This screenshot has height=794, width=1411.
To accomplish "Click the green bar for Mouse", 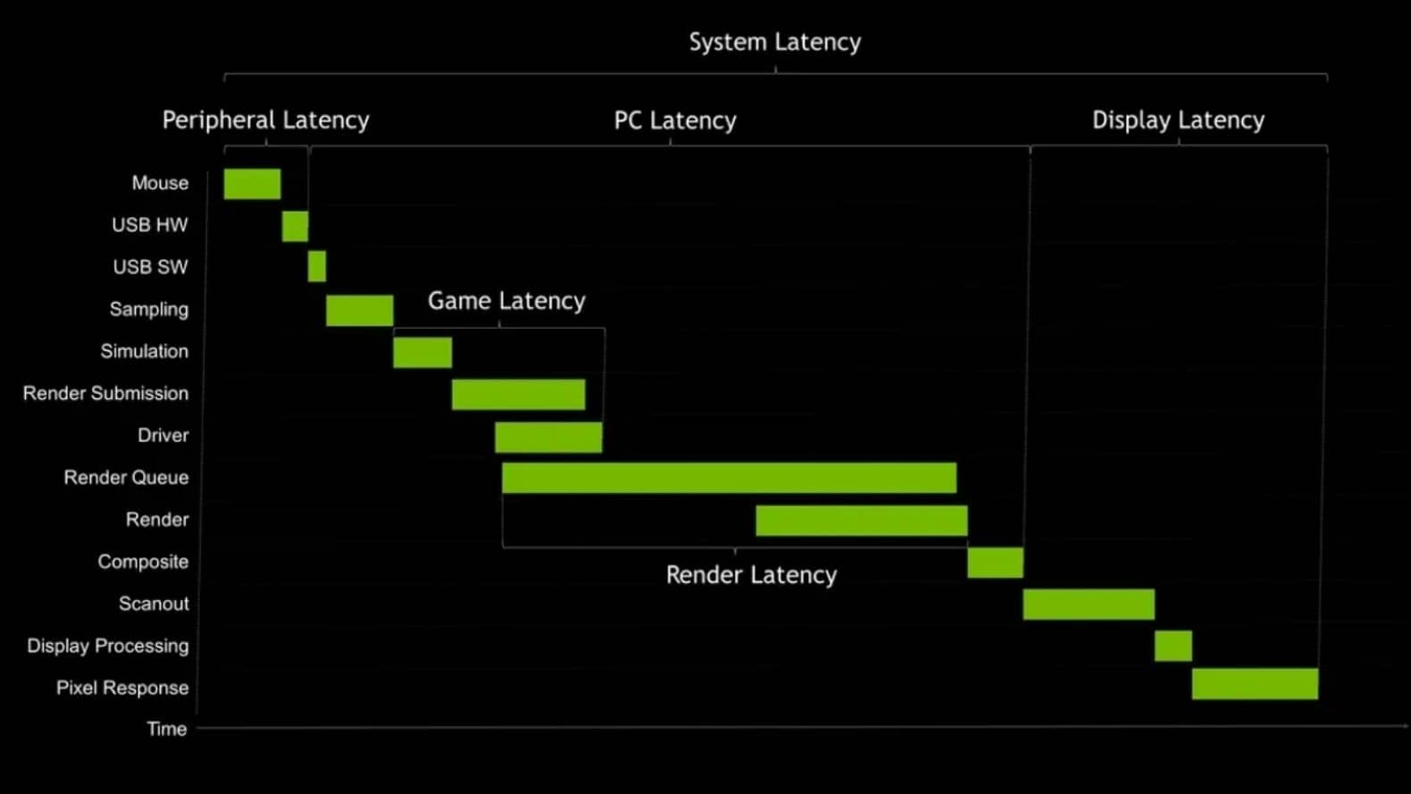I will [252, 184].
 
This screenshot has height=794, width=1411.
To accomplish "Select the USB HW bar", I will [295, 226].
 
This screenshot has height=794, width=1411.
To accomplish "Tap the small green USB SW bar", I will [317, 266].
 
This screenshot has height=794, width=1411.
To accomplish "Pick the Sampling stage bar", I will [359, 310].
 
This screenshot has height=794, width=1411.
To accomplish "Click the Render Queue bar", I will [729, 478].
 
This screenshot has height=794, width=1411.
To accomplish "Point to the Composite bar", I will [995, 563].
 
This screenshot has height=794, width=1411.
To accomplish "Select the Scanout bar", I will [1089, 605].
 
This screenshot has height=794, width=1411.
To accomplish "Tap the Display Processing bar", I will [1173, 646].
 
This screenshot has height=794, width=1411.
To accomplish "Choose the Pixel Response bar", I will [1255, 684].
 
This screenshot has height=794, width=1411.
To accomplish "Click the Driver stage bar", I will [548, 438].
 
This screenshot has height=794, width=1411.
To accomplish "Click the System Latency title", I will [774, 42].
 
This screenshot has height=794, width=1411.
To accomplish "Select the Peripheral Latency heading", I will [265, 120].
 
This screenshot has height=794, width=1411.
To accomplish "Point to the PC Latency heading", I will [675, 121].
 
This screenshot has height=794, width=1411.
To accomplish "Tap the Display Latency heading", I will [1178, 120].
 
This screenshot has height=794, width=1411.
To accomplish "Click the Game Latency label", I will [506, 301].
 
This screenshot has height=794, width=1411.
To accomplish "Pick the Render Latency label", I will [751, 575].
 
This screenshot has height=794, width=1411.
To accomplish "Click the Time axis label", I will [167, 729].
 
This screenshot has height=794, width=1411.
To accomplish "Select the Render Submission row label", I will [105, 393].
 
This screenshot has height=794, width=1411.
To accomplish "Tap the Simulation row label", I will [144, 351].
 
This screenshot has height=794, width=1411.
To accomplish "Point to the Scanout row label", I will [154, 604].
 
